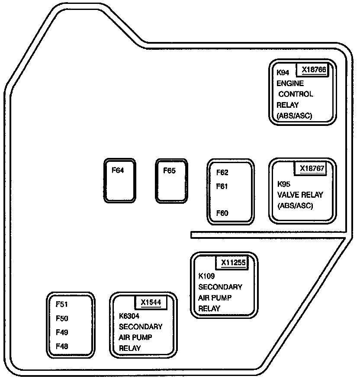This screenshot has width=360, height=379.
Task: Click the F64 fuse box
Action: click(x=119, y=180)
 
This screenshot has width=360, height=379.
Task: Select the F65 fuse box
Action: click(x=171, y=180)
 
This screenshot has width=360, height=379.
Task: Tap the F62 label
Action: click(x=222, y=173)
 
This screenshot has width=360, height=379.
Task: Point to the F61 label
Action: click(x=222, y=186)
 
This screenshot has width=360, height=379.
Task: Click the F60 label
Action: click(x=222, y=213)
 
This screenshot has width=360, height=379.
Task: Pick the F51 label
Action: click(x=62, y=304)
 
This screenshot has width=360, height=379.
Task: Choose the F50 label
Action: click(x=62, y=318)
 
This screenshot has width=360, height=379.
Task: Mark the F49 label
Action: click(x=62, y=332)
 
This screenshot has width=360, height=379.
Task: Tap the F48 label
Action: click(x=62, y=346)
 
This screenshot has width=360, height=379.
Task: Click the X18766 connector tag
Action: click(x=314, y=70)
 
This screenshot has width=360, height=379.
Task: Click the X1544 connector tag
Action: click(x=151, y=302)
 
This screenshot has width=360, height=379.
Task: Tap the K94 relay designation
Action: click(x=283, y=73)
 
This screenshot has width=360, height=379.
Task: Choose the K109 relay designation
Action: click(x=207, y=276)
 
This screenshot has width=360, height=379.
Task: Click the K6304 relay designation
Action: click(x=129, y=316)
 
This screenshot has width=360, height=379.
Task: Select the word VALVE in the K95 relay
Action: click(x=287, y=195)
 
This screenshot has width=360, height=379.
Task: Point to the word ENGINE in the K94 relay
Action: click(x=290, y=84)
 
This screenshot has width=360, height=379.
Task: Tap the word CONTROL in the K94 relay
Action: click(x=296, y=94)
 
